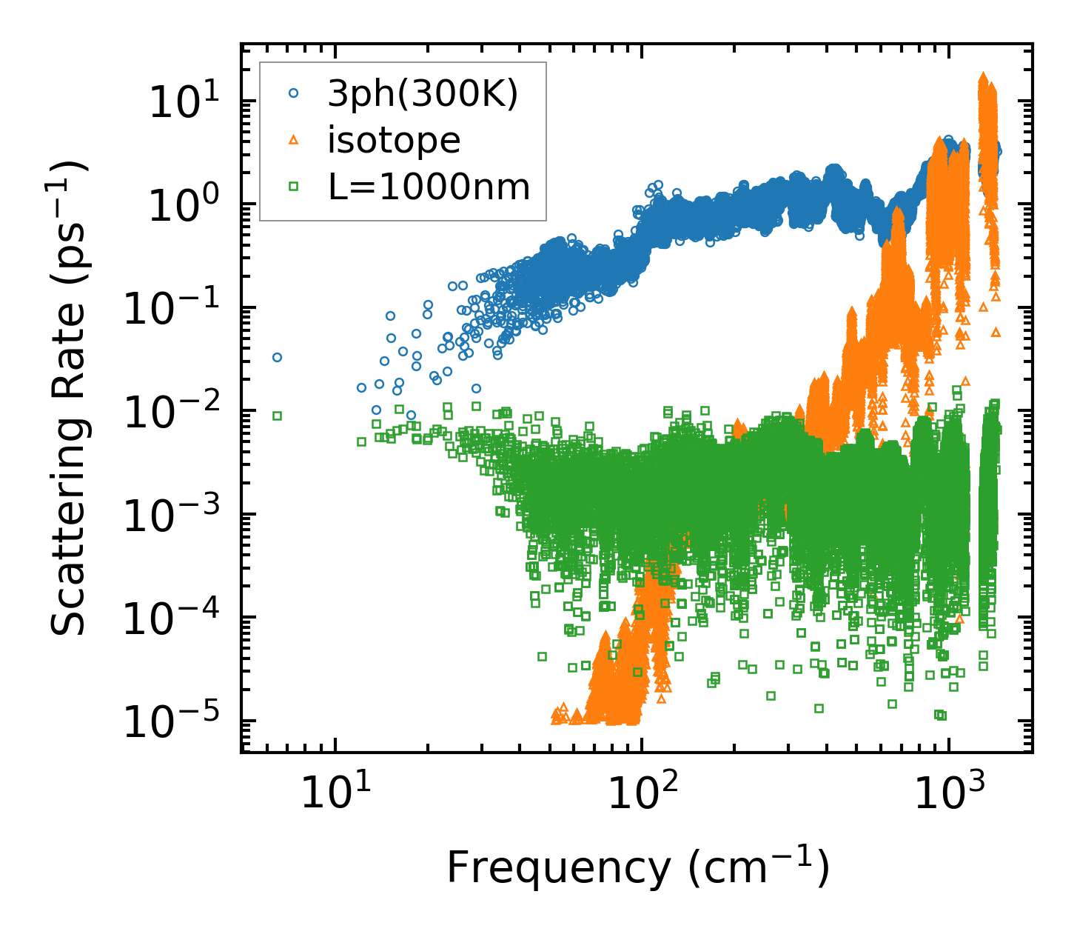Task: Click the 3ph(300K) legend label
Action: pyautogui.click(x=423, y=95)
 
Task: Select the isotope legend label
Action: pyautogui.click(x=394, y=141)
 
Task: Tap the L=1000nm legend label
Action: pyautogui.click(x=429, y=187)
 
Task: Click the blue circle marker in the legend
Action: pyautogui.click(x=294, y=94)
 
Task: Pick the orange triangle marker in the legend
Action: pyautogui.click(x=294, y=141)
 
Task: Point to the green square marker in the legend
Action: pyautogui.click(x=294, y=187)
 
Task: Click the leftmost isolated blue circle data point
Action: pyautogui.click(x=277, y=357)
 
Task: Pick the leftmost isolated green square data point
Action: pyautogui.click(x=277, y=416)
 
